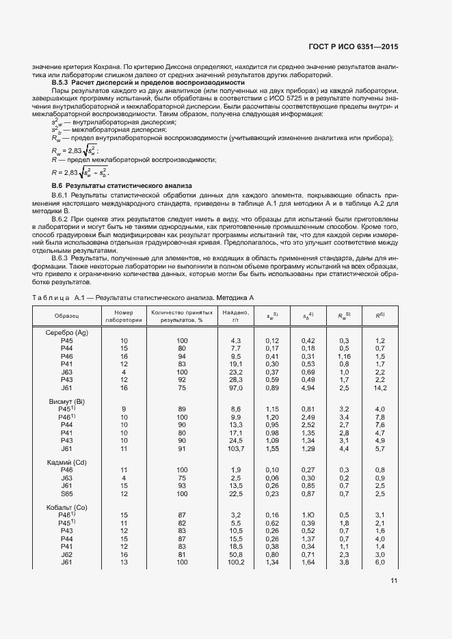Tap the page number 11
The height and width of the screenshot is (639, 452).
click(x=394, y=581)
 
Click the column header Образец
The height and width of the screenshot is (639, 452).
click(x=67, y=316)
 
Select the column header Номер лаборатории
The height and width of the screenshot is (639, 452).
click(x=124, y=316)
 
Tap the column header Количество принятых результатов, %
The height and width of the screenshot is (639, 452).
click(x=182, y=316)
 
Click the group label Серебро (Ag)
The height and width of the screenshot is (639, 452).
click(x=67, y=332)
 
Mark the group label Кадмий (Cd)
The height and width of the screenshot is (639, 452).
click(x=67, y=462)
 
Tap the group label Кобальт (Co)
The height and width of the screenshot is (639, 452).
click(x=67, y=506)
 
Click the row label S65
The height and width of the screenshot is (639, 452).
click(x=67, y=493)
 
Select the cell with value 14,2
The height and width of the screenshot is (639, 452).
click(x=380, y=388)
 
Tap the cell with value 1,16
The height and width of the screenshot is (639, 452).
click(x=343, y=356)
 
